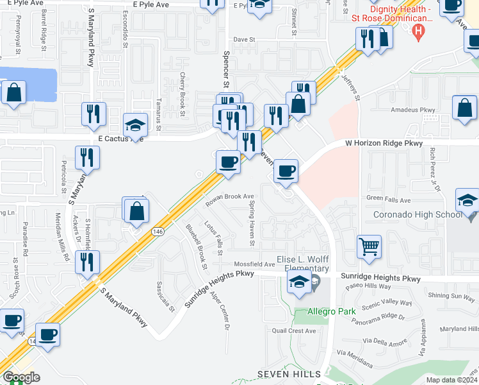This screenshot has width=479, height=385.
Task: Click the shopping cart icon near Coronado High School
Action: [369, 246]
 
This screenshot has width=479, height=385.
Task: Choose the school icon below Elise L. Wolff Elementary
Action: [299, 282]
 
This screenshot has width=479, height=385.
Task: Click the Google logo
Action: [20, 377]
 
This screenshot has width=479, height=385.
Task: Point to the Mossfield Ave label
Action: [254, 264]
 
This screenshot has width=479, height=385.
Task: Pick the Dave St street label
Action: [244, 39]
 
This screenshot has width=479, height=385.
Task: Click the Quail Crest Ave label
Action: [294, 331]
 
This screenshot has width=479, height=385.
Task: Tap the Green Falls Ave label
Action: [388, 200]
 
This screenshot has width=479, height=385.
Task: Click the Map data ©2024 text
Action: [451, 380]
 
